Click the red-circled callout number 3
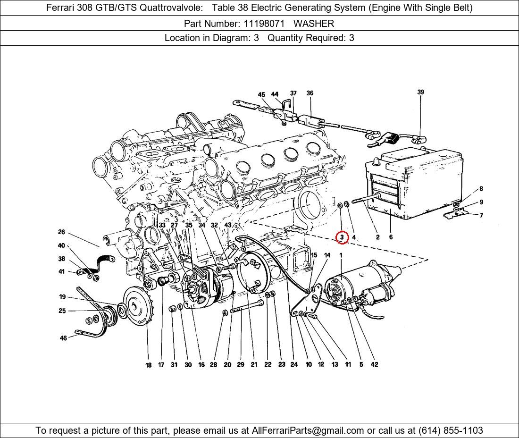pyautogui.click(x=342, y=237)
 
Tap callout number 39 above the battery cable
pyautogui.click(x=420, y=92)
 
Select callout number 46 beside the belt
pyautogui.click(x=63, y=338)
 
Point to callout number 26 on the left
pyautogui.click(x=61, y=232)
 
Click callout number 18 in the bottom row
pyautogui.click(x=148, y=365)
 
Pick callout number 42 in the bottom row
pyautogui.click(x=374, y=364)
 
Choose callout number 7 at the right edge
pyautogui.click(x=481, y=215)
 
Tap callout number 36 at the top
pyautogui.click(x=310, y=93)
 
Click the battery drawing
pyautogui.click(x=414, y=184)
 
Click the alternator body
pyautogui.click(x=208, y=287)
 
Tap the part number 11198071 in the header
pyautogui.click(x=264, y=24)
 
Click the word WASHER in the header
pyautogui.click(x=314, y=24)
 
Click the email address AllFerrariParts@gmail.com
pyautogui.click(x=308, y=430)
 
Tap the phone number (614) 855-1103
pyautogui.click(x=451, y=430)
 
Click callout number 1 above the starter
pyautogui.click(x=341, y=255)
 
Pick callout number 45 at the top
pyautogui.click(x=261, y=95)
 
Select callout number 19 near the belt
pyautogui.click(x=62, y=296)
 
